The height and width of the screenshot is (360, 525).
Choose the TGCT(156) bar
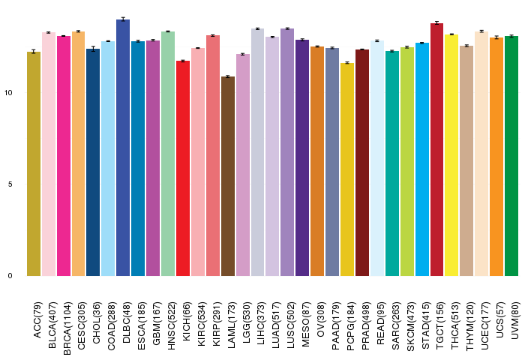[x=437, y=149]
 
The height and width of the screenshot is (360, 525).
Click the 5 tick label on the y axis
[x=10, y=184]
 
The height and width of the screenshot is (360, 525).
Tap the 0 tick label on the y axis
[x=10, y=276]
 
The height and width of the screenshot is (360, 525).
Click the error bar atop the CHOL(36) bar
[x=93, y=49]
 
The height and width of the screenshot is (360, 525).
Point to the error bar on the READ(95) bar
[x=377, y=40]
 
